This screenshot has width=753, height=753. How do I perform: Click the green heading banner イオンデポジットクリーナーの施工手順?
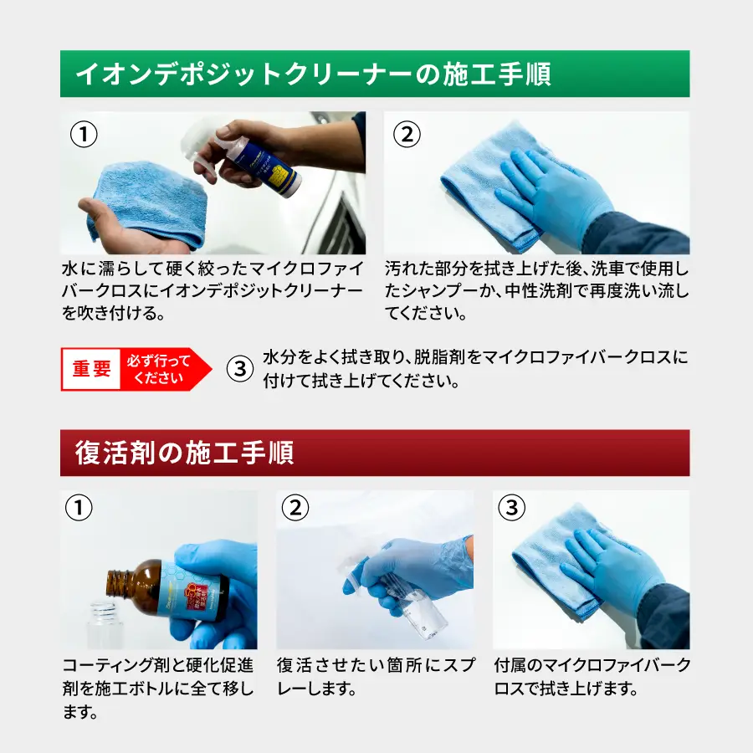(375, 74)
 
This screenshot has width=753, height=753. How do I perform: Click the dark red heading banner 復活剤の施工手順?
(375, 453)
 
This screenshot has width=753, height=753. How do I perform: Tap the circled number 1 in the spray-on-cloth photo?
(84, 134)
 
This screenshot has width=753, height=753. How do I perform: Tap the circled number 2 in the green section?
(407, 134)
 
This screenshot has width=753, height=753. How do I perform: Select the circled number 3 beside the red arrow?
(239, 369)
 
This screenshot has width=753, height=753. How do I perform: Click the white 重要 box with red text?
(90, 369)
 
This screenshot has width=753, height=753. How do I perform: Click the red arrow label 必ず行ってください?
(163, 369)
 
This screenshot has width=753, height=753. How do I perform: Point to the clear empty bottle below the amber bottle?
(104, 625)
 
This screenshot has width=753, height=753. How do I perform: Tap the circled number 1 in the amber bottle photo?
(79, 508)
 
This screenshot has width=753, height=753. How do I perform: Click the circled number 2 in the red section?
(295, 508)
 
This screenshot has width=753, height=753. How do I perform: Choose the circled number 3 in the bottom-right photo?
(512, 508)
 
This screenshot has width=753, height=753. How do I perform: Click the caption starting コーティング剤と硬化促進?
(158, 689)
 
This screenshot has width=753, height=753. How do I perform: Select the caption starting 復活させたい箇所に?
(376, 677)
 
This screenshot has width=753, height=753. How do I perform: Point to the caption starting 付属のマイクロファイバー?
(592, 677)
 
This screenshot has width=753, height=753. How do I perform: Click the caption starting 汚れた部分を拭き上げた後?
(537, 290)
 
